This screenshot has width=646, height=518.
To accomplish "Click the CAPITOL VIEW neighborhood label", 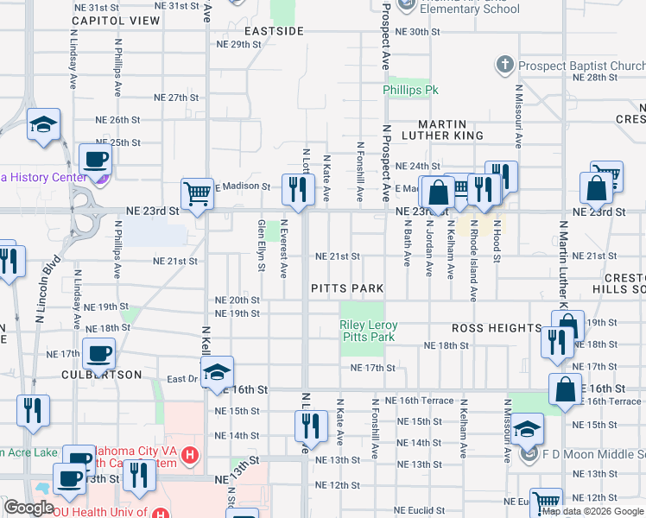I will click(x=117, y=20).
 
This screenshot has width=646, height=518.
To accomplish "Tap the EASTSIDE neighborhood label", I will click(x=274, y=31).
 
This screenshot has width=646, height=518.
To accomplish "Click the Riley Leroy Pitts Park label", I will click(x=368, y=331).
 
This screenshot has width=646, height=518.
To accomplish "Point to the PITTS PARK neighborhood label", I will click(x=346, y=287).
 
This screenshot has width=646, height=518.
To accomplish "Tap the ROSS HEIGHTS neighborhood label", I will click(x=496, y=329).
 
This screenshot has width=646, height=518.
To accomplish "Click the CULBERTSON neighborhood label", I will click(x=101, y=375).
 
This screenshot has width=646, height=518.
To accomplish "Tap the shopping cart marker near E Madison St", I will click(x=197, y=194).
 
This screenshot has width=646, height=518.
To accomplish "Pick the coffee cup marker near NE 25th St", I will click(x=95, y=160).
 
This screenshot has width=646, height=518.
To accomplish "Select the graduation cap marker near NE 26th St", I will click(x=42, y=125).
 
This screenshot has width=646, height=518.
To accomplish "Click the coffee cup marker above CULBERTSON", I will click(x=98, y=353).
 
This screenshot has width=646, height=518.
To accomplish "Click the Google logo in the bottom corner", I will click(x=29, y=508).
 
